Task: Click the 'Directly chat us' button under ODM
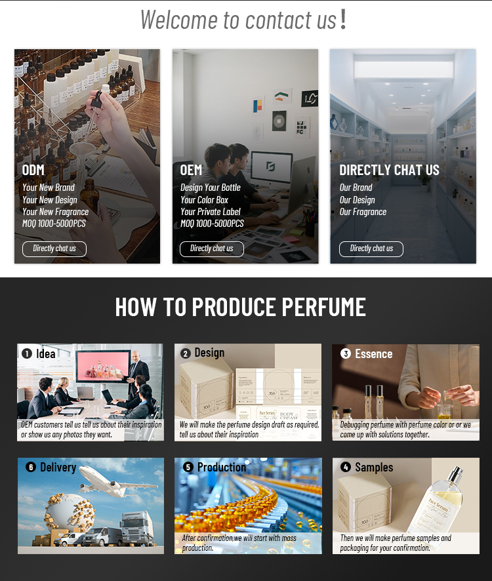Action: tap(54, 249)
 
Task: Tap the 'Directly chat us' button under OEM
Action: tap(212, 249)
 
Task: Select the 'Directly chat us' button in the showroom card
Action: tap(371, 249)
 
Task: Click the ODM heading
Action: tap(33, 170)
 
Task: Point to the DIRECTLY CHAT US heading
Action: tap(389, 170)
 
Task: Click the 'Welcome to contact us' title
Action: tap(243, 19)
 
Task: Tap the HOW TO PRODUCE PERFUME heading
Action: tap(240, 307)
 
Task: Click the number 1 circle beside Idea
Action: tap(27, 353)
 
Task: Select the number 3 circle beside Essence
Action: tap(346, 353)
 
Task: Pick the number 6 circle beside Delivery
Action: tap(31, 468)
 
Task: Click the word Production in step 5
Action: tap(221, 468)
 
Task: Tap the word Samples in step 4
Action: tap(374, 468)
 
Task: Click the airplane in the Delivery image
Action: tap(115, 482)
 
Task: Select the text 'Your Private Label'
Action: tap(210, 212)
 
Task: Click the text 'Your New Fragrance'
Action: tap(55, 212)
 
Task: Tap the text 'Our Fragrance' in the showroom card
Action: tap(363, 212)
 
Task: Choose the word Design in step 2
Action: tap(209, 353)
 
